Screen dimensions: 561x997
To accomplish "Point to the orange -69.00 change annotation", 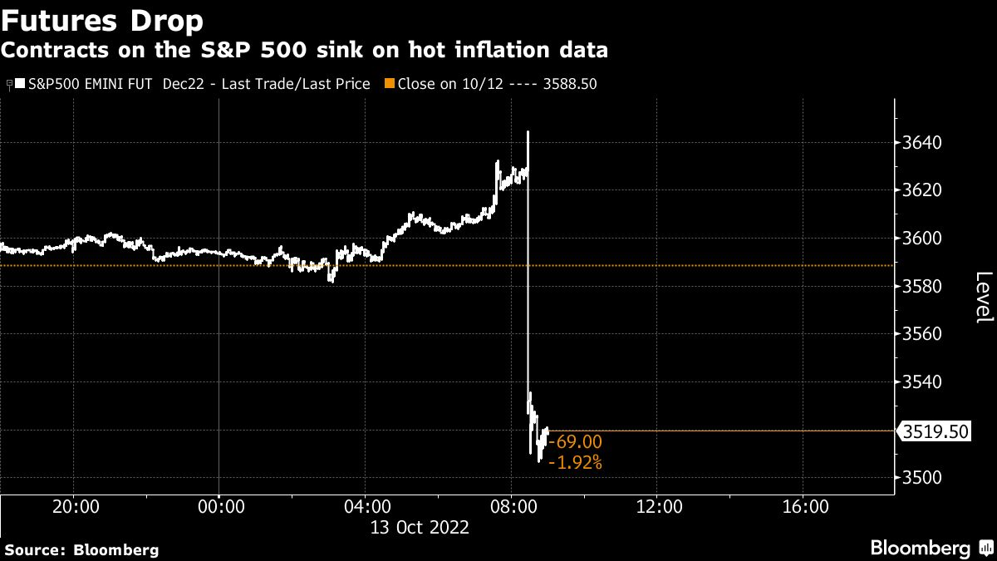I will (x=575, y=442).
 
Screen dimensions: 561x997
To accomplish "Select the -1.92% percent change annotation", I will (x=575, y=463).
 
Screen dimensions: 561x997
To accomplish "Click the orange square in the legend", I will (x=389, y=84).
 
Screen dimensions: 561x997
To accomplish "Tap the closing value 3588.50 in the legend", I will (x=571, y=84).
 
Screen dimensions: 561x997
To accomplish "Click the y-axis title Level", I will (x=983, y=298).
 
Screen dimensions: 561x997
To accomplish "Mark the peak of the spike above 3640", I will (x=528, y=131).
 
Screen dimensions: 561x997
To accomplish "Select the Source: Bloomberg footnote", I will (x=81, y=549).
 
